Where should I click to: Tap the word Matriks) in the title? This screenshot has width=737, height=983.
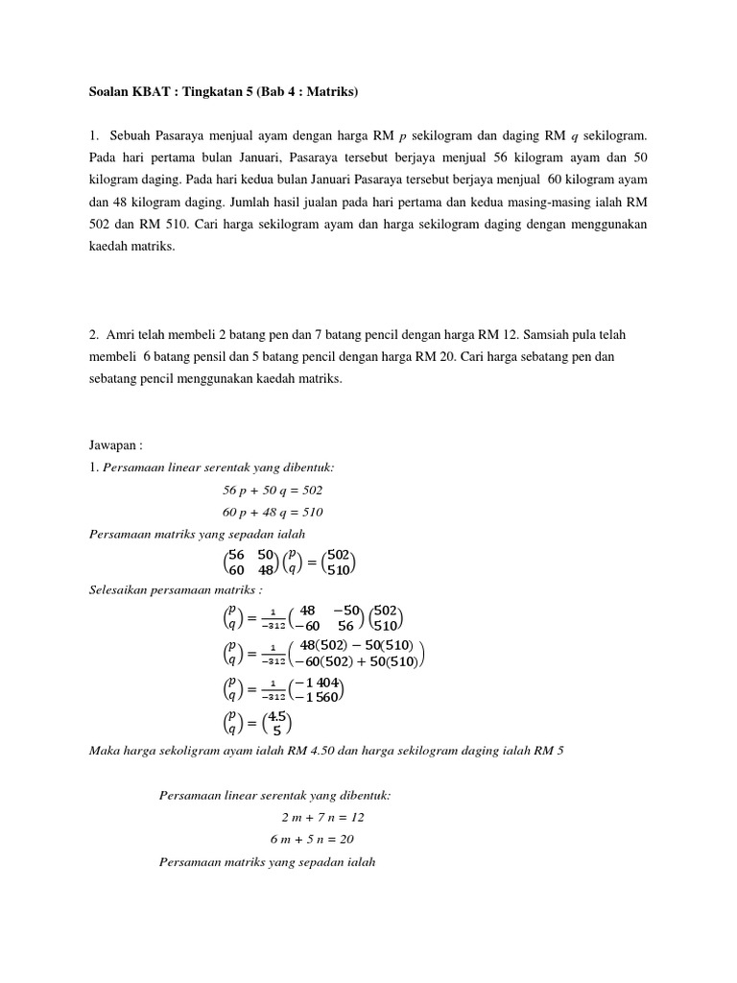click(x=331, y=92)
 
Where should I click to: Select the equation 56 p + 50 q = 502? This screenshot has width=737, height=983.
click(x=273, y=490)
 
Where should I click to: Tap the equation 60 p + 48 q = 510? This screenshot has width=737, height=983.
click(x=273, y=512)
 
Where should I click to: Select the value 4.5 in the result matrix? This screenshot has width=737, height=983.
click(x=277, y=716)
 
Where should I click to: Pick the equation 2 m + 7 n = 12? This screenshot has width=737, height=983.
click(x=322, y=817)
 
